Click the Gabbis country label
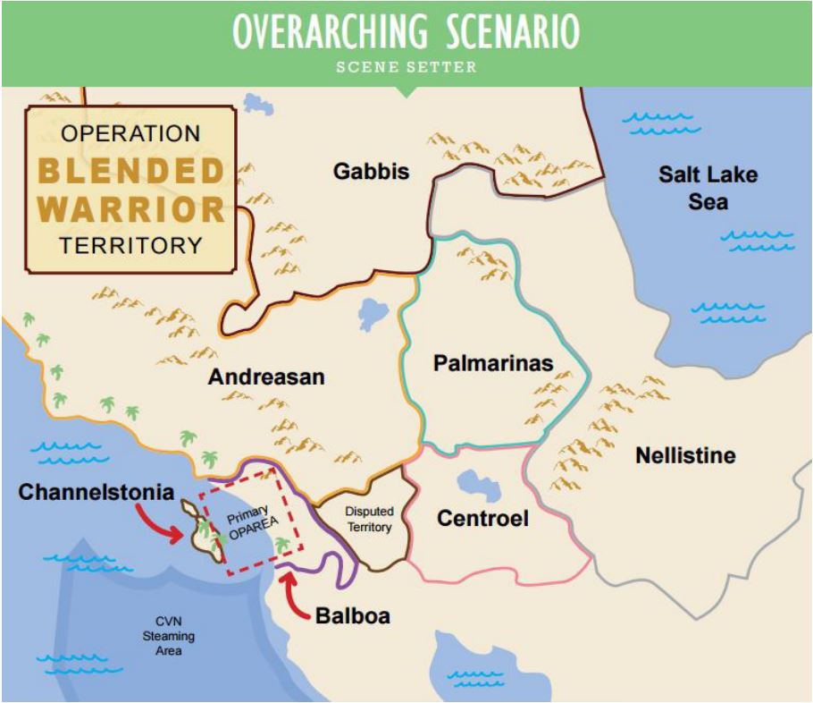tap(371, 171)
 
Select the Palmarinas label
tap(492, 363)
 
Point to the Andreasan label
tap(266, 377)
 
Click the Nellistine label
tap(685, 455)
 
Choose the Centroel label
tap(482, 518)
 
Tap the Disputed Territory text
tap(369, 520)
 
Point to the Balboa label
tap(353, 616)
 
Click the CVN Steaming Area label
tap(169, 636)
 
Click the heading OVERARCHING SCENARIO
tap(406, 32)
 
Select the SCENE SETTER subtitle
tap(406, 67)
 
